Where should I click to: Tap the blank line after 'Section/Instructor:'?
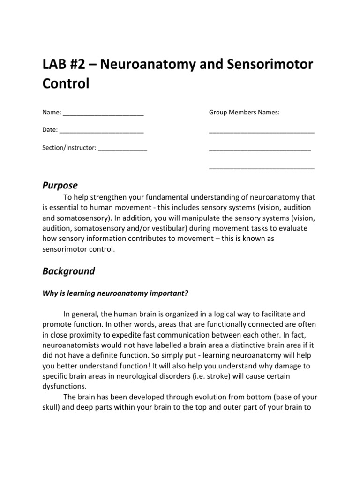(122, 149)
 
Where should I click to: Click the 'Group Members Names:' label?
(244, 112)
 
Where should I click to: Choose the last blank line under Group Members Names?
(262, 167)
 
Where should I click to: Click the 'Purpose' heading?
(60, 185)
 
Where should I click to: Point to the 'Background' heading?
(68, 271)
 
